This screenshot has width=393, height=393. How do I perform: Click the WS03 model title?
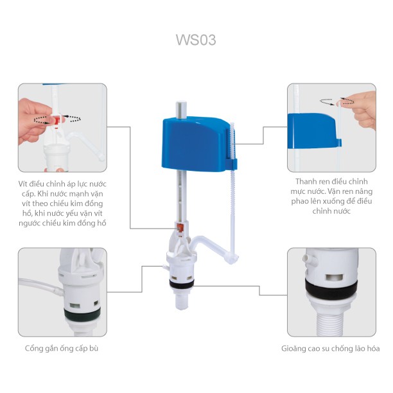click(x=196, y=40)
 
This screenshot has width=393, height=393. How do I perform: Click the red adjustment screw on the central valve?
click(x=180, y=228)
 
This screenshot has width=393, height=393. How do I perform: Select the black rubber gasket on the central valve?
click(x=182, y=284)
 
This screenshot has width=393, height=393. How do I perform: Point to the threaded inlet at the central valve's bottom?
click(x=182, y=301)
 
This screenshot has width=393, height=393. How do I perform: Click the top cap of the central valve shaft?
click(x=182, y=105)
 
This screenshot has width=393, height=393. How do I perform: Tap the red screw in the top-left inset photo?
click(x=58, y=120)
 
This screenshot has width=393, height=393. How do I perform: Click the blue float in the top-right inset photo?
click(x=315, y=131)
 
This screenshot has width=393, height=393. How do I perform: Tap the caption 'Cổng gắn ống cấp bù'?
click(x=62, y=348)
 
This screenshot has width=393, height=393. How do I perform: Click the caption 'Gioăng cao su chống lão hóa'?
click(x=330, y=348)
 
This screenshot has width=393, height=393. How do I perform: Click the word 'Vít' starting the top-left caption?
click(x=23, y=184)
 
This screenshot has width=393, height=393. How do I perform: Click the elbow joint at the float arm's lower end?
click(x=233, y=258)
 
